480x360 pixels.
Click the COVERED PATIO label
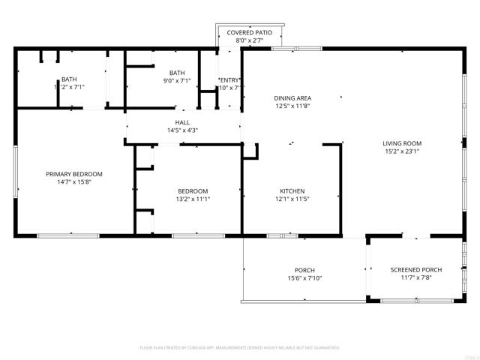click(250, 33)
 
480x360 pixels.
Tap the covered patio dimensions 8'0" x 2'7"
click(250, 40)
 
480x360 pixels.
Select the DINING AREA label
click(292, 98)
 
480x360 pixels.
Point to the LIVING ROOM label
click(402, 143)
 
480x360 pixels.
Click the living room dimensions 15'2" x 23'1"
click(402, 151)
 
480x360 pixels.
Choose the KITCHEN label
click(291, 190)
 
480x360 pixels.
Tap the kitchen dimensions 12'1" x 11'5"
click(291, 199)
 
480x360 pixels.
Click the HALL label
click(182, 122)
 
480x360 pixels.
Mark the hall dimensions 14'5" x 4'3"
click(182, 131)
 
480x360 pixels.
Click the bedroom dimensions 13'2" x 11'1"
click(193, 199)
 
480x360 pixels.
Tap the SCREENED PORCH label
click(416, 270)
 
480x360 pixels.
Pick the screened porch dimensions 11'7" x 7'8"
click(416, 278)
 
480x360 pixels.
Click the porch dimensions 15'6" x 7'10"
click(304, 278)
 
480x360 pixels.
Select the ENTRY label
click(229, 79)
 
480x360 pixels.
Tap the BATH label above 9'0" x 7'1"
click(177, 73)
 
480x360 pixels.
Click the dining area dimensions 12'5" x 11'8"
click(292, 106)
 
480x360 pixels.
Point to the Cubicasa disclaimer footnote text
click(240, 348)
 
